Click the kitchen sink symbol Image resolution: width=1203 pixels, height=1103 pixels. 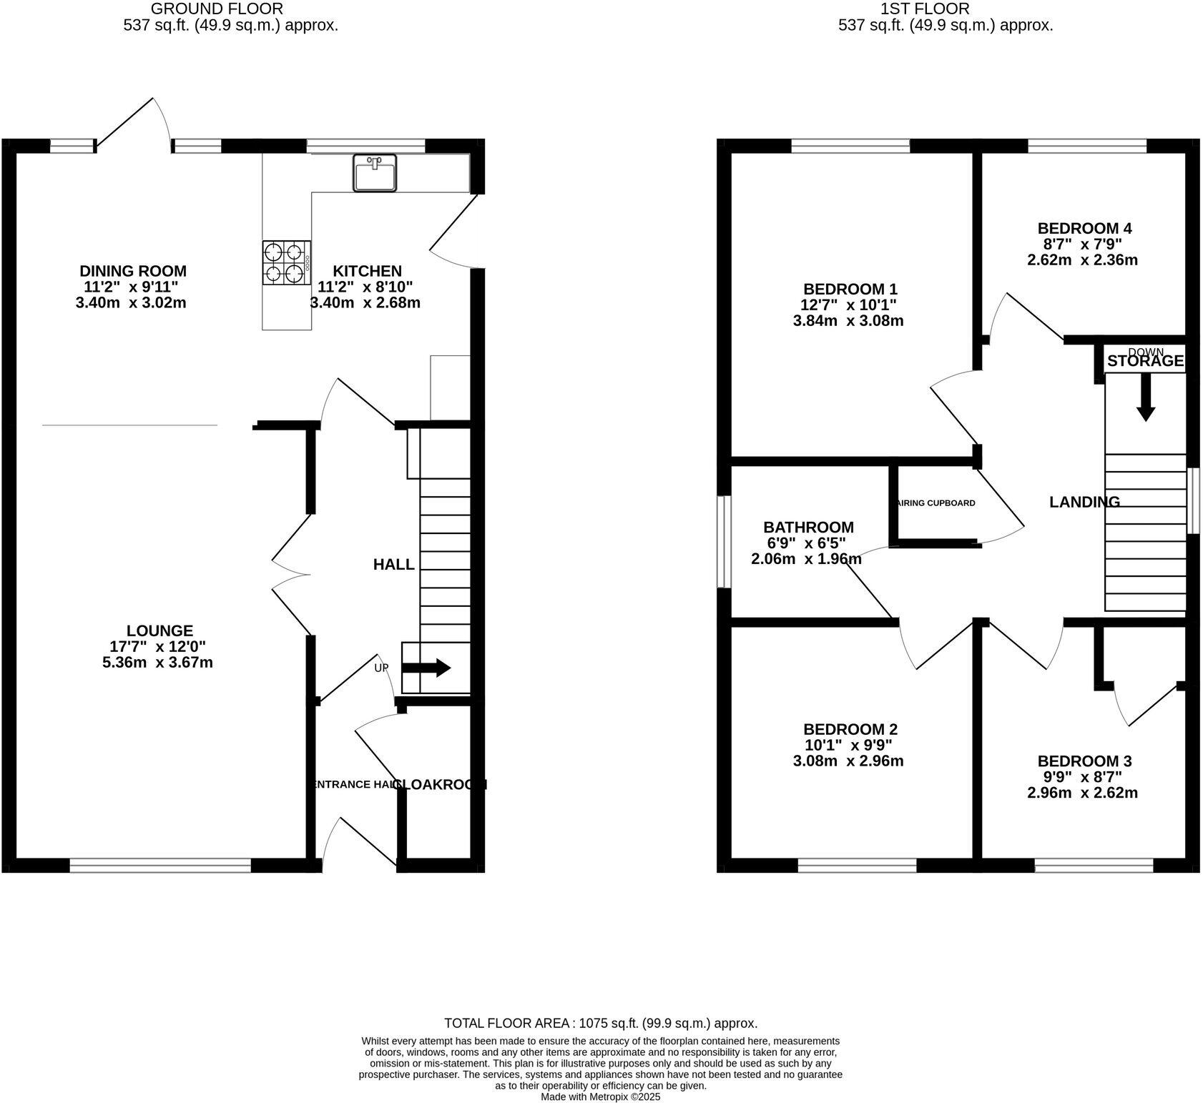375,172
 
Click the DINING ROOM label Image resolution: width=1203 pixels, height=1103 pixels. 133,271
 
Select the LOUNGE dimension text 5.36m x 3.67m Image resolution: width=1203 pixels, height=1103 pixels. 157,663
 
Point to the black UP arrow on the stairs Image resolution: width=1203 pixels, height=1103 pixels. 426,668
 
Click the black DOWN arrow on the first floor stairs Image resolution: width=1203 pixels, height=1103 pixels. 1145,397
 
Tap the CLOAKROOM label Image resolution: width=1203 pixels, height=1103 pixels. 439,784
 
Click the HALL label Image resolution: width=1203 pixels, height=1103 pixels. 393,565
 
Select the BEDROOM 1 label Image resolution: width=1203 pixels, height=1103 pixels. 850,289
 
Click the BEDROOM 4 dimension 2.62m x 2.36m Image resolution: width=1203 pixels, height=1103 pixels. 1082,260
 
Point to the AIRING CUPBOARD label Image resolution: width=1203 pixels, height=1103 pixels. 936,503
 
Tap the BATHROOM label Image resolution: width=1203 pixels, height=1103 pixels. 808,528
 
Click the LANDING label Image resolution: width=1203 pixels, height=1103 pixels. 1084,503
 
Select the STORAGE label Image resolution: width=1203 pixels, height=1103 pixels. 1145,362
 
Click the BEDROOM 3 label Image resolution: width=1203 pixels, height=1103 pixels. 1084,761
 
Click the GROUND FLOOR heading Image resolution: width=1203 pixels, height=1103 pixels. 217,9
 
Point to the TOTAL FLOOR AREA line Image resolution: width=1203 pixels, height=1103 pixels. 601,1023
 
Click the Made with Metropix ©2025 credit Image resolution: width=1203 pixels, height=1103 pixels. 601,1096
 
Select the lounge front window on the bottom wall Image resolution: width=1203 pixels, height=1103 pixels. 160,866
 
